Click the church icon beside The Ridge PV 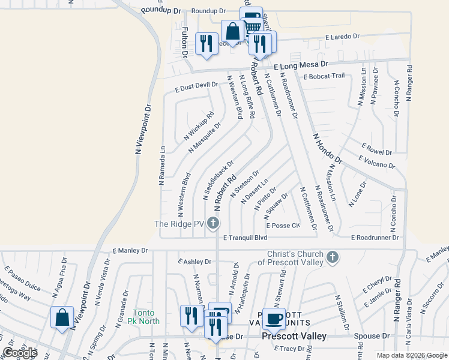212,224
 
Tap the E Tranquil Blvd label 245,238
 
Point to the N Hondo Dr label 326,149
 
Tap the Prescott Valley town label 294,337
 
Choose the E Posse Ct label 286,226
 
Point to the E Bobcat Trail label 324,76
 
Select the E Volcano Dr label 376,162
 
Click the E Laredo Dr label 342,37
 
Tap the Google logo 20,353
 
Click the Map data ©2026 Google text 411,355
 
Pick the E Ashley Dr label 194,262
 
